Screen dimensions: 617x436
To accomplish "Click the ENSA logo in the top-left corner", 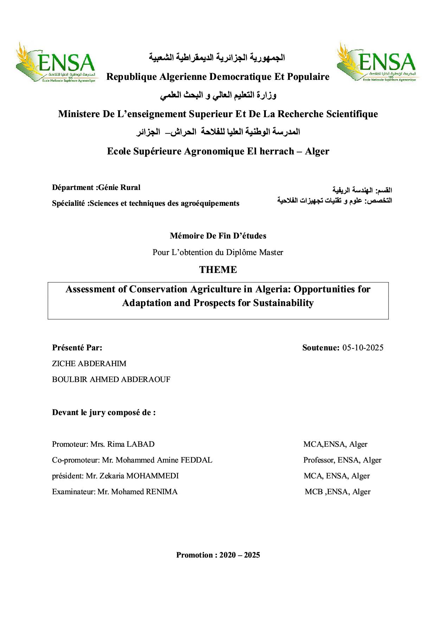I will [56, 63].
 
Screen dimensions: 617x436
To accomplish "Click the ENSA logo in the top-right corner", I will [376, 62].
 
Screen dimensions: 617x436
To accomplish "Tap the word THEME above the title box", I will [218, 270].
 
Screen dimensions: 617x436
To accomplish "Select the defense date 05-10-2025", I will [363, 348].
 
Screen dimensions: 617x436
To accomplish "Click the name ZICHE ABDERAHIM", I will [89, 363].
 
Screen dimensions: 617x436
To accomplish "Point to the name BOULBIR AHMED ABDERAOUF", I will [111, 380].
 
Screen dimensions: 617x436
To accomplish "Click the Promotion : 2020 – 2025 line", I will [218, 555].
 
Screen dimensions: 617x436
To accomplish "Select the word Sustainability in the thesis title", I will [283, 303].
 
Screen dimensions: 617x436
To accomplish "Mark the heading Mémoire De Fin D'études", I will [218, 236].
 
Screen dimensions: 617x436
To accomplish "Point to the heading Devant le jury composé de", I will [104, 412].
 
